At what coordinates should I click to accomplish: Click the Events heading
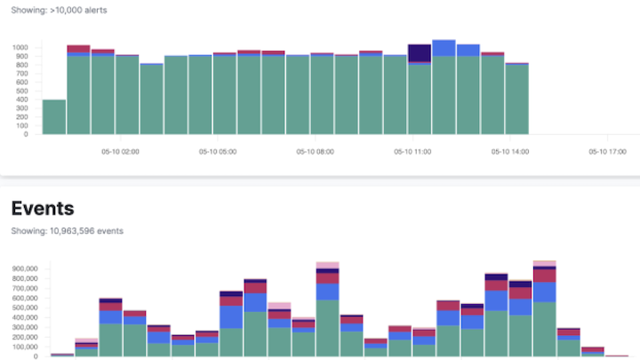pos(42,209)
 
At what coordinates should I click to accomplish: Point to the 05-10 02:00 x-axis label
pos(120,151)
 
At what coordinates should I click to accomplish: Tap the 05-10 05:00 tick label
pos(217,151)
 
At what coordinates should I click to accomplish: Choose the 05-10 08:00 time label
pos(315,151)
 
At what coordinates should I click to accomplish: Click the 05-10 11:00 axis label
pos(412,151)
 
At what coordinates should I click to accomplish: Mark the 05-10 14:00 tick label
pos(510,151)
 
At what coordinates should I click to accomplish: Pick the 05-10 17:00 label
pos(607,151)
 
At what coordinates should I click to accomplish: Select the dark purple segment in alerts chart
pos(420,53)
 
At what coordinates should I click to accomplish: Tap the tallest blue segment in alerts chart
pos(444,48)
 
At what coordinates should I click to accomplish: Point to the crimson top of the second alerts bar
pos(78,49)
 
